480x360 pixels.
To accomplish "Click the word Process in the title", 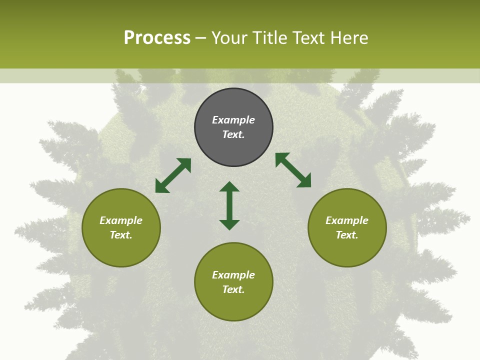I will pyautogui.click(x=157, y=38).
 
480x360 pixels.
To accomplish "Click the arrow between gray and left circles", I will pyautogui.click(x=173, y=175).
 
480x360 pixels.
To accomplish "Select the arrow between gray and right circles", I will pyautogui.click(x=293, y=170).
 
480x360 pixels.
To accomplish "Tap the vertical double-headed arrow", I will pyautogui.click(x=229, y=205).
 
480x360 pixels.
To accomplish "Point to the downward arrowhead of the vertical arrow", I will pyautogui.click(x=229, y=224).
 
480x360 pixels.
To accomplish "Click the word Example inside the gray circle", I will pyautogui.click(x=233, y=120).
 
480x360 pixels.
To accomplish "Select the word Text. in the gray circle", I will pyautogui.click(x=233, y=134).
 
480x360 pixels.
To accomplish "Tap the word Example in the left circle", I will pyautogui.click(x=121, y=220).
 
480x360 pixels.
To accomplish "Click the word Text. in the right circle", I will pyautogui.click(x=347, y=235).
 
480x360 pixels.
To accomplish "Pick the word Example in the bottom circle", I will pyautogui.click(x=233, y=275).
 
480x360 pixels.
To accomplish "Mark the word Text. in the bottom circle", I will pyautogui.click(x=233, y=289).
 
